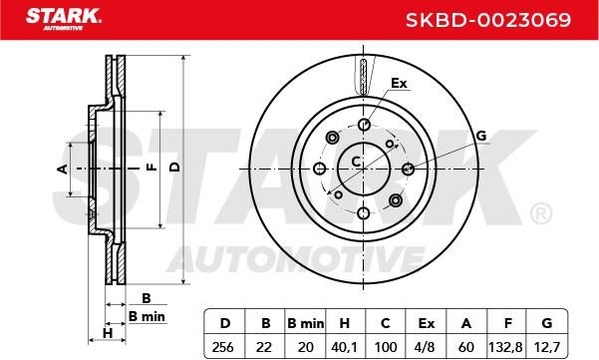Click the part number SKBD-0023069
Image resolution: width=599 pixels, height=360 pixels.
click(488, 20)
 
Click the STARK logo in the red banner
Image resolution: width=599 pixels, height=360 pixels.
click(64, 18)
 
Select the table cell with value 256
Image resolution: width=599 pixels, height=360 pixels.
click(223, 347)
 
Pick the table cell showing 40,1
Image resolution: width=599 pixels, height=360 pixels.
click(345, 347)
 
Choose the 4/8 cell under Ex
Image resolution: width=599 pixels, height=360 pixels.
click(426, 347)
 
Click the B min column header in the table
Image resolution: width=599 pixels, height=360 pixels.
click(305, 323)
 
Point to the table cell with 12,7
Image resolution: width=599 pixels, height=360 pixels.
click(547, 347)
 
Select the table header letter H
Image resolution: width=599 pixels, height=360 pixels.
click(345, 323)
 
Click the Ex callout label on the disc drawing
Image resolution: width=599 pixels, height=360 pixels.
click(399, 83)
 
